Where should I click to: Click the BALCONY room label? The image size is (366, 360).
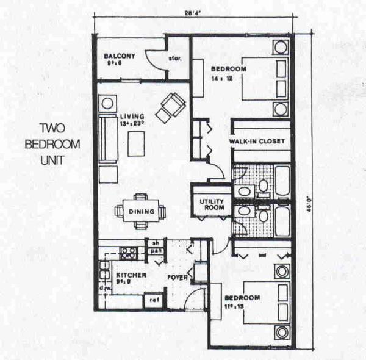[120, 56]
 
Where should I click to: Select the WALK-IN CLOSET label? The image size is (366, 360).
[256, 142]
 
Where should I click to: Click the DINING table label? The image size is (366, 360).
[140, 212]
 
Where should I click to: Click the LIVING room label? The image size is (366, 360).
[132, 116]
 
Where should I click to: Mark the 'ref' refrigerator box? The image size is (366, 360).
[155, 300]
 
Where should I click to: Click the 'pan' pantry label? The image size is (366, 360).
[156, 250]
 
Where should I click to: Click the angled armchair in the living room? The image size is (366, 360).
[171, 107]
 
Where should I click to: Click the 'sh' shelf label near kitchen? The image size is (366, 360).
[156, 242]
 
